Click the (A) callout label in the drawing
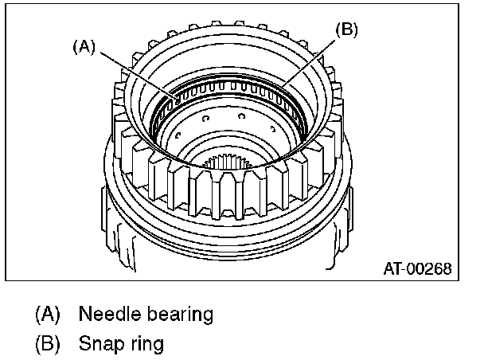click(x=84, y=46)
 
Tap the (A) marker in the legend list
click(x=48, y=314)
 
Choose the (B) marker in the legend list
click(x=48, y=345)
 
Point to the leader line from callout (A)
click(x=131, y=72)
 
